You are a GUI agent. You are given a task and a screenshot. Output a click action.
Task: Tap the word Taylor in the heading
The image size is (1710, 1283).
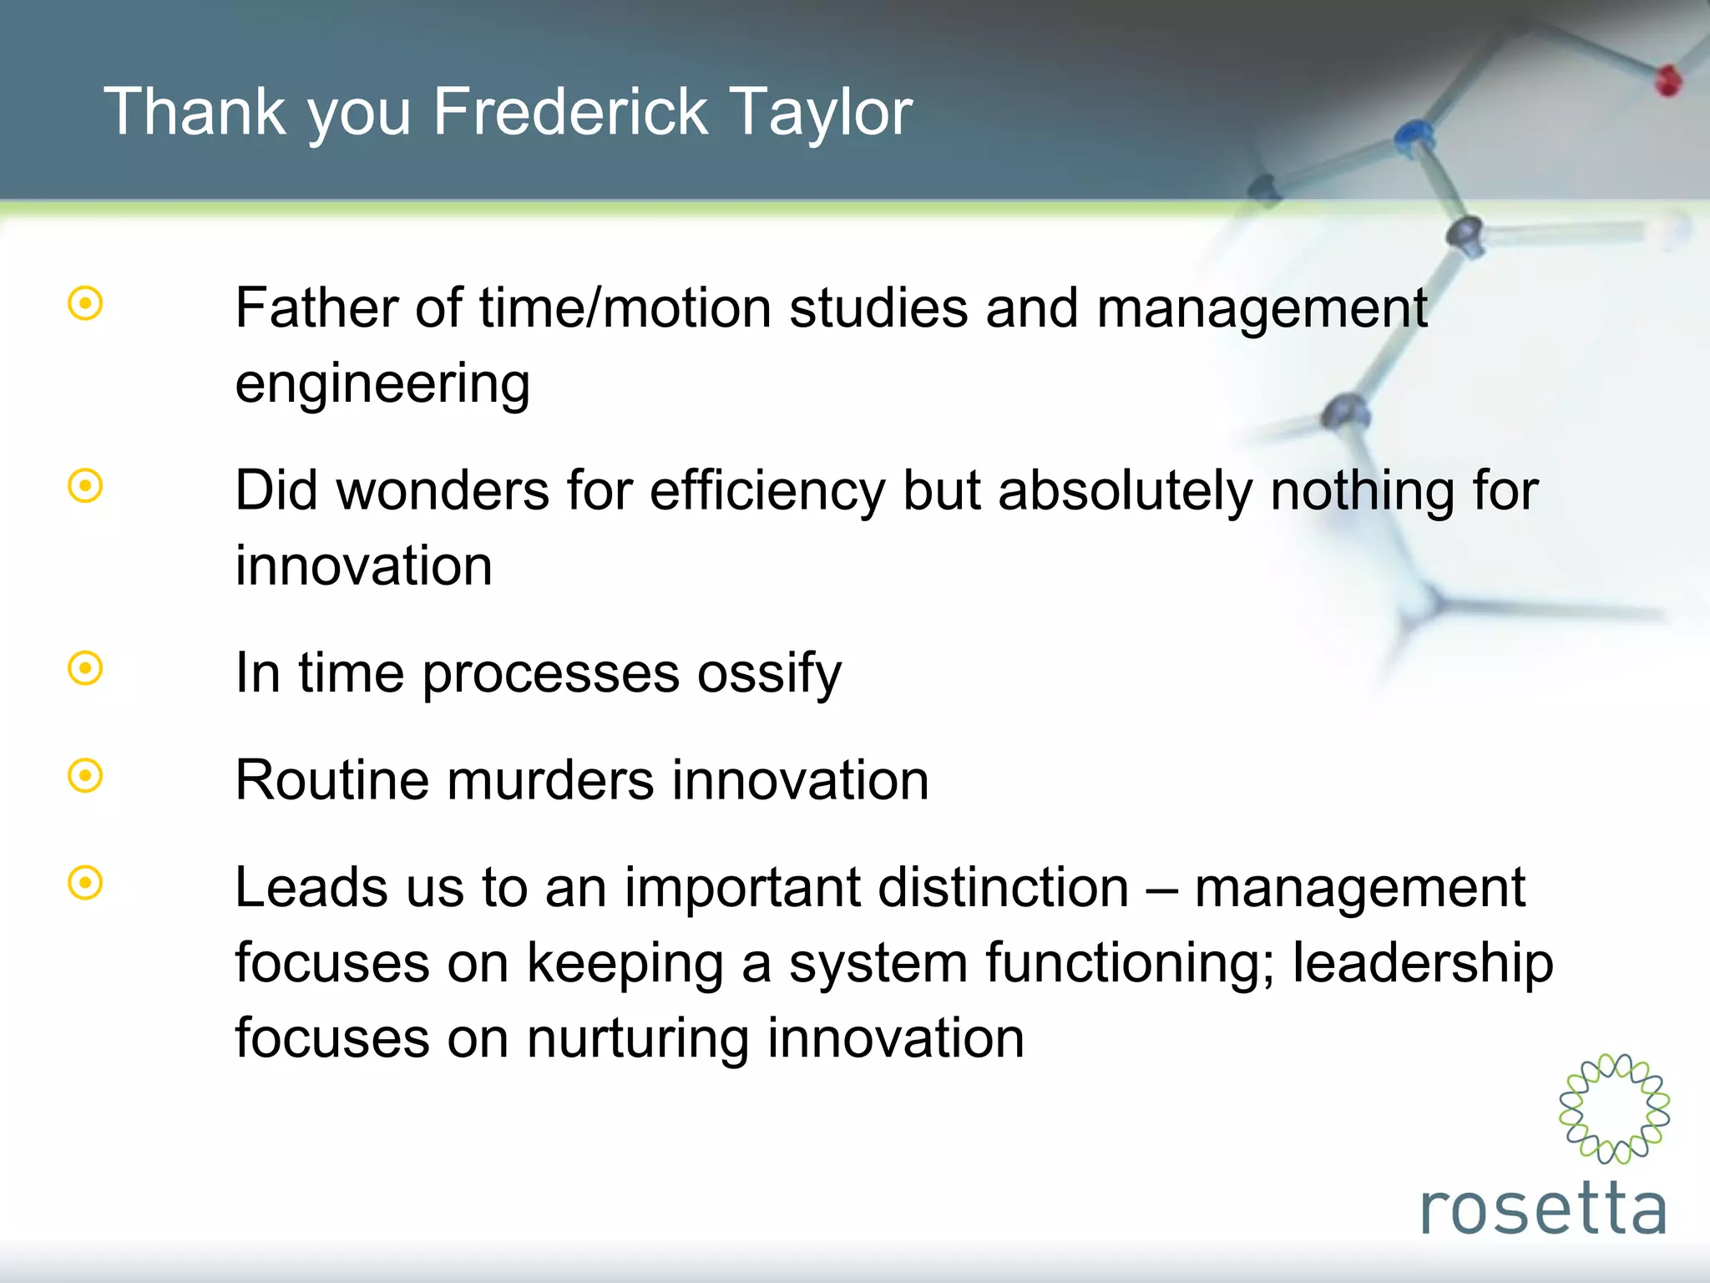coord(821,114)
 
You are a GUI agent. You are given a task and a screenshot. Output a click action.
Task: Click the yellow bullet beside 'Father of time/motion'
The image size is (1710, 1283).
coord(85,304)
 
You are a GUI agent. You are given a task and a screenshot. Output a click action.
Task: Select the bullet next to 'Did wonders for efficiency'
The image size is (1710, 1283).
coord(85,486)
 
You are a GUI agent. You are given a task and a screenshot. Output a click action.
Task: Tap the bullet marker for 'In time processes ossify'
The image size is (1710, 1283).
coord(85,668)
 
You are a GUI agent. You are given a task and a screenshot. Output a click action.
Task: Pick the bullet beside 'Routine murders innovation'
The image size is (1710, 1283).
coord(85,776)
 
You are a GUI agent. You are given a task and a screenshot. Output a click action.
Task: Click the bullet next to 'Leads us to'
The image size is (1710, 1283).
coord(85,883)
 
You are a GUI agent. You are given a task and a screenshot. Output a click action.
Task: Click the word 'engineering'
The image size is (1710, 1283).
coord(382,385)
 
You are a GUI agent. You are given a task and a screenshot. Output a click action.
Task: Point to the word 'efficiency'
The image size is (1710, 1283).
coord(767,491)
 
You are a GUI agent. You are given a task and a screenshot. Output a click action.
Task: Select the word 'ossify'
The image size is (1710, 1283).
coord(769,674)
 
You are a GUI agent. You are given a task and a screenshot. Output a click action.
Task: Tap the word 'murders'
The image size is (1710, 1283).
coord(550,780)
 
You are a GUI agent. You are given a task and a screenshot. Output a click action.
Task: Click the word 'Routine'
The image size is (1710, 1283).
coord(331,780)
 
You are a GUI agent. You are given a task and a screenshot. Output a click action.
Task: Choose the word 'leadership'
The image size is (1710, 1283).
coord(1423,963)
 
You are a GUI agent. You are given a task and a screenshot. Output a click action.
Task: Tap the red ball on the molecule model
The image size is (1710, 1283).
coord(1667,80)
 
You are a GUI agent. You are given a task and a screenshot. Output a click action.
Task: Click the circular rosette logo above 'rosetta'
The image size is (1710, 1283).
coord(1613,1108)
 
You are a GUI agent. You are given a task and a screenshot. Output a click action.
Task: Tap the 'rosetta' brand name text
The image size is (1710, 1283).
coord(1543,1209)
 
